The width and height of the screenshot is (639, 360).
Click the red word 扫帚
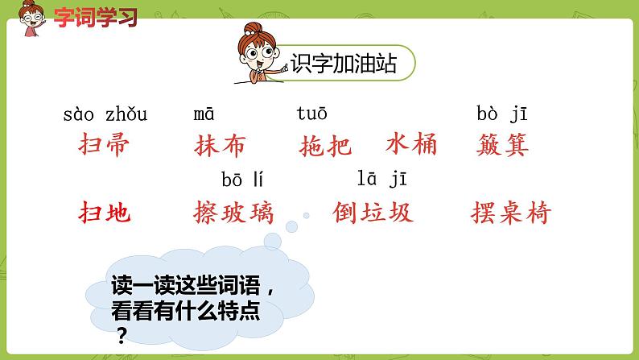click(105, 146)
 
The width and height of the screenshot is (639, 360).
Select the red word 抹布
click(221, 146)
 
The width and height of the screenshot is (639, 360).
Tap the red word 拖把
click(325, 146)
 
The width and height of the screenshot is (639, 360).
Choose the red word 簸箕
click(503, 146)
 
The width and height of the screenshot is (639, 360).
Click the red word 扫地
click(105, 213)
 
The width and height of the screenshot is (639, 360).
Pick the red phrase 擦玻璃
click(234, 213)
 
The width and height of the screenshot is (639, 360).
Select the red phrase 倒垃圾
click(373, 212)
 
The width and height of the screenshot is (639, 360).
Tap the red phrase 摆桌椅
click(511, 213)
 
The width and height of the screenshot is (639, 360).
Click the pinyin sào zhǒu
click(105, 114)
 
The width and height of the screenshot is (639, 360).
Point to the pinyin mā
click(204, 114)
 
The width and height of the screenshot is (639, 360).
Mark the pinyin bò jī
click(501, 114)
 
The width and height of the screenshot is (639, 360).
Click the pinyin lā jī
click(382, 179)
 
